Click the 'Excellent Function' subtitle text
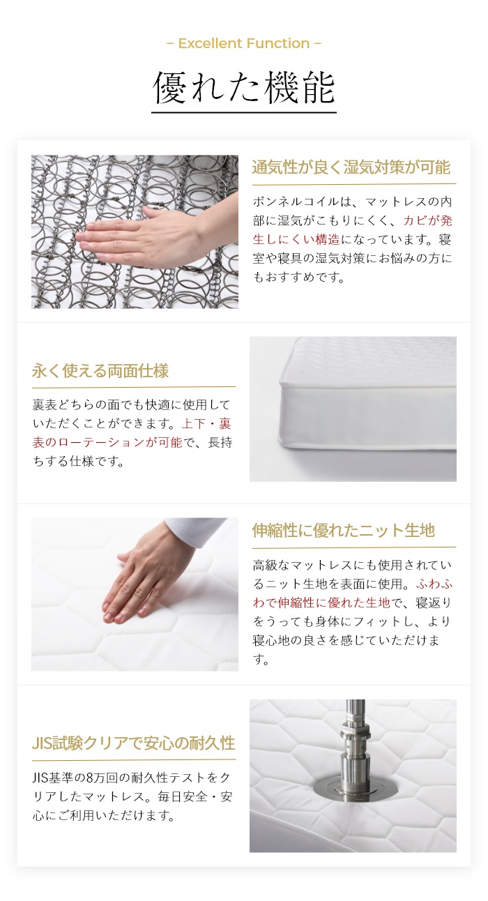tap(244, 43)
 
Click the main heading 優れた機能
tap(244, 88)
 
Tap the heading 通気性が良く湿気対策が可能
tap(351, 167)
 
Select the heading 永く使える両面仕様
tap(100, 371)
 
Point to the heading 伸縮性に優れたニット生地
tap(343, 531)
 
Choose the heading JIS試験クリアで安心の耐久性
tap(133, 743)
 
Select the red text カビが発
tap(428, 220)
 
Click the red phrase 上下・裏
tap(206, 423)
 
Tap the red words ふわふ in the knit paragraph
tap(434, 584)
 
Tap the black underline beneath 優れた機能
tap(244, 112)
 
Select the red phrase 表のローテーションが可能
tap(107, 442)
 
